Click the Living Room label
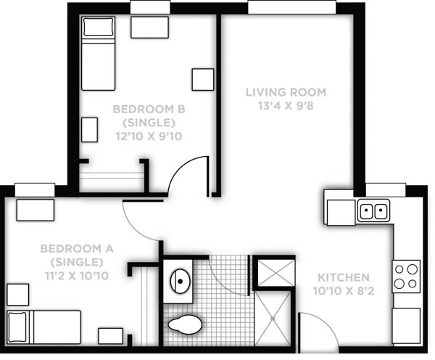286,92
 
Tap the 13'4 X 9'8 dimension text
286,106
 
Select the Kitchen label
344,277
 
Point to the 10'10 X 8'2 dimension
344,291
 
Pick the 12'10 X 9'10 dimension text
149,136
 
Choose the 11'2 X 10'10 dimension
77,276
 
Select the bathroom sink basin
180,282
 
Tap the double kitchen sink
373,210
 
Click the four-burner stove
406,276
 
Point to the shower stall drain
273,319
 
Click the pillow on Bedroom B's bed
99,27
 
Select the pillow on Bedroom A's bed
17,327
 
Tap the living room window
292,7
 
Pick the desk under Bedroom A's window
36,210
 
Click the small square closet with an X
276,273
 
